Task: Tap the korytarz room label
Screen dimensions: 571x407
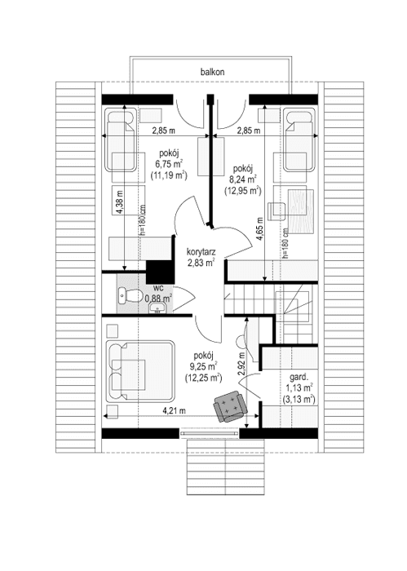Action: tap(201, 252)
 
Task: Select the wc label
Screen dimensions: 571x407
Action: tap(160, 287)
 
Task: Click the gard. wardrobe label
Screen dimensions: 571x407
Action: tap(299, 378)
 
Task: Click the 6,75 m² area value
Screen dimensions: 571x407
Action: tap(169, 163)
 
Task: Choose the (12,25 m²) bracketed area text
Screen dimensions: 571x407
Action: tap(204, 378)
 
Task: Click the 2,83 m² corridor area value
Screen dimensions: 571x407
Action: tap(201, 263)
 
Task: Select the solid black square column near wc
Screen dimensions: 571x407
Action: tap(157, 270)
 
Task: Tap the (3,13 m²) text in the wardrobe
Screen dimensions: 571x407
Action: tap(299, 400)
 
